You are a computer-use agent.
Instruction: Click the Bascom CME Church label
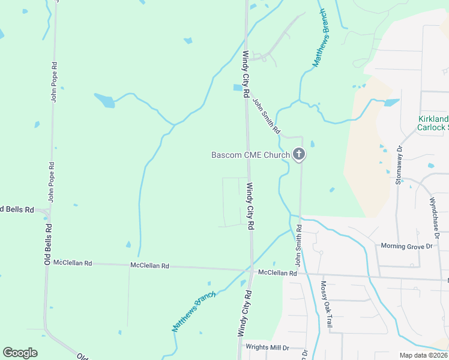coord(250,155)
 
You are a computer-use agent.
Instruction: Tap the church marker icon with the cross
coord(299,155)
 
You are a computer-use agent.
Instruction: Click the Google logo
coord(20,353)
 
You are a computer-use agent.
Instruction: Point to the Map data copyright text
coord(423,355)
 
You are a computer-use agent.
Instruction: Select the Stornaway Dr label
coord(399,164)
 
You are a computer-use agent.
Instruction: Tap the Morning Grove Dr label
coord(406,246)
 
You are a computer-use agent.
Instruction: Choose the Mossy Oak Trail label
coord(326,304)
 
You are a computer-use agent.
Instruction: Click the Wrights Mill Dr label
coord(267,347)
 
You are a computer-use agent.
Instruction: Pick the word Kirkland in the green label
coord(433,119)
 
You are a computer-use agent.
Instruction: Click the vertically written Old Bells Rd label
coord(47,245)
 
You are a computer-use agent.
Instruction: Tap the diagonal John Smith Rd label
coord(267,116)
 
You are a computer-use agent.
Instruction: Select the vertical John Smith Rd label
coord(298,245)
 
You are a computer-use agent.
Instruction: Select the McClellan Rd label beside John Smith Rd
coord(277,273)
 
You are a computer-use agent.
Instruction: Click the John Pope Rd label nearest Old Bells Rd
coord(52,181)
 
